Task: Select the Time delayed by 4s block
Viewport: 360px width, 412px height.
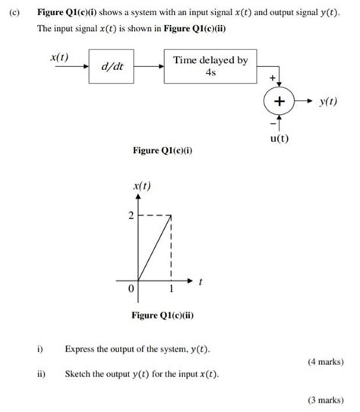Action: pos(210,65)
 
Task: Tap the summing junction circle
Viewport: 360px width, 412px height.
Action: pos(279,101)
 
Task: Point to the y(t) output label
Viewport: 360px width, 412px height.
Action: pos(328,101)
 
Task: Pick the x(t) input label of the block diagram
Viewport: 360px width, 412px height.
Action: pos(59,57)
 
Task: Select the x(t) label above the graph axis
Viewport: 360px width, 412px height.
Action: pos(141,185)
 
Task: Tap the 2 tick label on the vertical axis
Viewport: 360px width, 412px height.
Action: pos(130,217)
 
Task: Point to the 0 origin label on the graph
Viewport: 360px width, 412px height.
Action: pos(131,289)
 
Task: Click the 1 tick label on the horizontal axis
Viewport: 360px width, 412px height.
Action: pos(172,289)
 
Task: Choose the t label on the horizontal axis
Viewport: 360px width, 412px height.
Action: pos(200,282)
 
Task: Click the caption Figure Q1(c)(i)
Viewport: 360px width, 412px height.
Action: pos(163,151)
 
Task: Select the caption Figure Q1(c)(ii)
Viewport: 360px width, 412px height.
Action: pos(163,315)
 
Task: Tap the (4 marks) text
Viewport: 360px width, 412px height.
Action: pos(326,363)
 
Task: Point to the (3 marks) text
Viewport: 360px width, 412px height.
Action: pos(326,399)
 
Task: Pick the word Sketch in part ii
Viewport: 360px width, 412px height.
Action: pos(79,374)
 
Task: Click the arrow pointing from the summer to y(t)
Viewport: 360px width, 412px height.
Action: pos(305,101)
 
